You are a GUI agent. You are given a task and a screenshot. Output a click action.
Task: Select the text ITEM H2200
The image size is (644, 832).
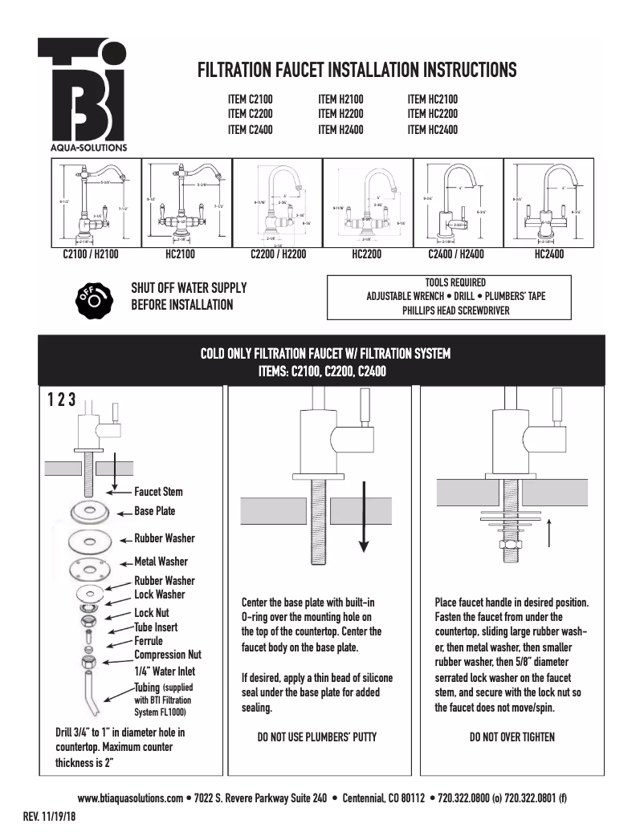(x=340, y=114)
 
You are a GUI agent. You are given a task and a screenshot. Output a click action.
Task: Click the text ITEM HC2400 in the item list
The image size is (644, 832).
(x=432, y=129)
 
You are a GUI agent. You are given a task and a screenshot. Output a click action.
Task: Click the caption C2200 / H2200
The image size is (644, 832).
(x=277, y=255)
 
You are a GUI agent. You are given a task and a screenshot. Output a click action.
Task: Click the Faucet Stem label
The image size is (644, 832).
(x=158, y=492)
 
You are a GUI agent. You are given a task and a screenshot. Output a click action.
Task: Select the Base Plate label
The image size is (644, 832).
(x=154, y=511)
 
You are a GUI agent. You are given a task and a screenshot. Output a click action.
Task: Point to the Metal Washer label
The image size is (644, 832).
(x=161, y=562)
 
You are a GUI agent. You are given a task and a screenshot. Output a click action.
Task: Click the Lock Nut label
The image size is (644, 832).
(x=152, y=612)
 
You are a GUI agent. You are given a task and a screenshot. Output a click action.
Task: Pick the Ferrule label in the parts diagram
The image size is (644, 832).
(x=149, y=641)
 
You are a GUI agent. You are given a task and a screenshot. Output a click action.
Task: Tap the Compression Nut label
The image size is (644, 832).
(x=168, y=655)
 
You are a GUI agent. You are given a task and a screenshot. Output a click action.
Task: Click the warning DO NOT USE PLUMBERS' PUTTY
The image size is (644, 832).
(x=316, y=737)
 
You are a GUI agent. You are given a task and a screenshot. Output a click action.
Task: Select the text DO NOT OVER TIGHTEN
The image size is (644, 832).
(x=512, y=737)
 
